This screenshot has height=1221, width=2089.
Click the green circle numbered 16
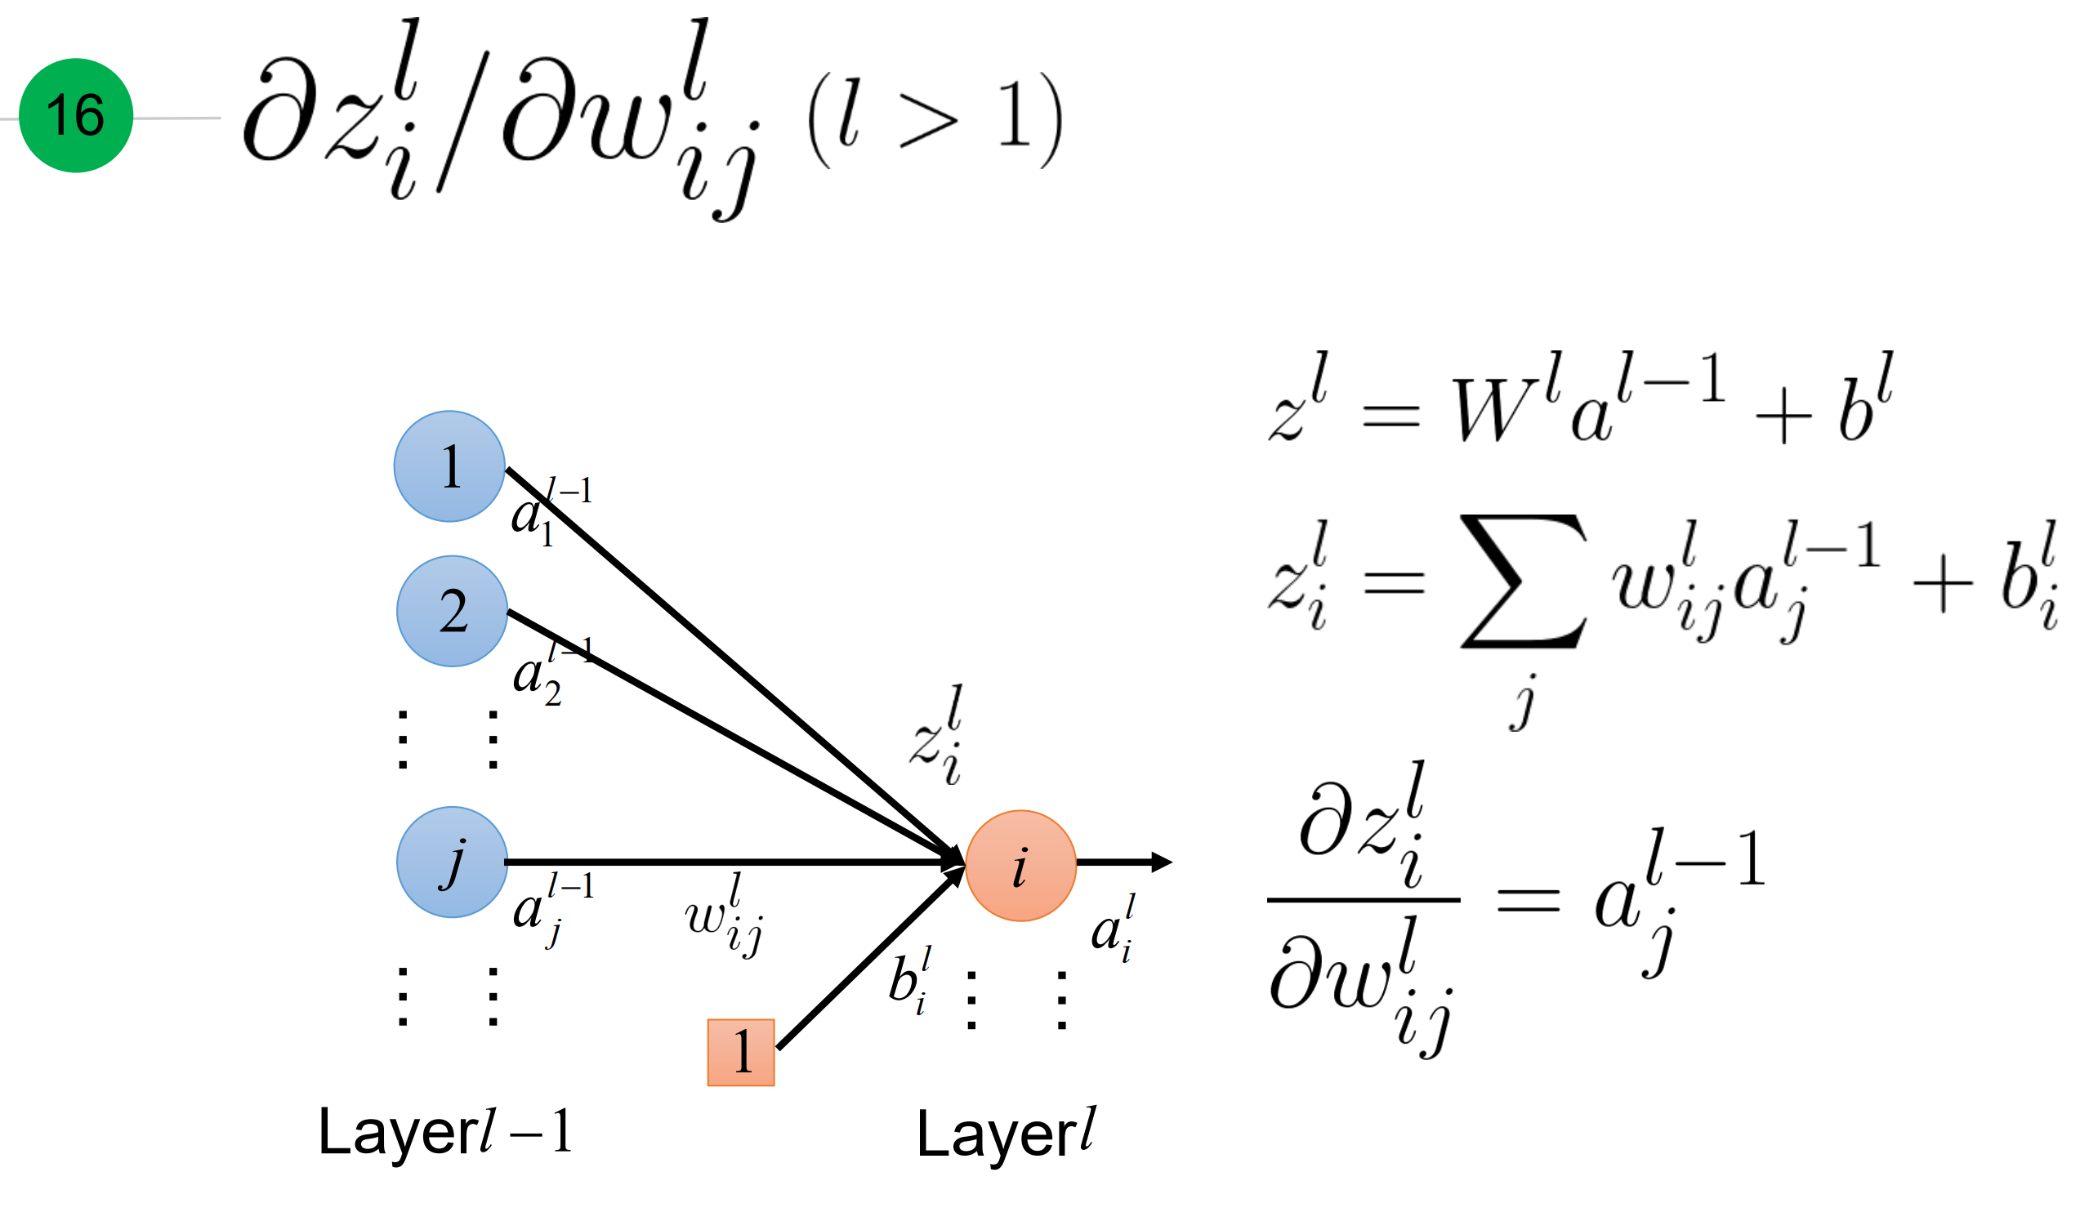(x=75, y=115)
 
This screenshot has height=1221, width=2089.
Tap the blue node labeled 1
(x=449, y=466)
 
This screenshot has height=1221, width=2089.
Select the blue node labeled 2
(x=452, y=611)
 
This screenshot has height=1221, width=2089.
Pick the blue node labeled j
(x=452, y=862)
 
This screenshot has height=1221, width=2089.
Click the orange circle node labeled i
(x=1020, y=866)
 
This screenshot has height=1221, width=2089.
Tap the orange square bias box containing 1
(x=740, y=1052)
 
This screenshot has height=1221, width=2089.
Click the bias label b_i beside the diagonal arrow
(x=909, y=979)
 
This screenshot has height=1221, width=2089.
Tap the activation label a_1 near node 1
(x=547, y=510)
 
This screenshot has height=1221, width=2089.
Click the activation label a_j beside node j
(x=549, y=907)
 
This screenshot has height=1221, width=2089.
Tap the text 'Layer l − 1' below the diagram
(x=445, y=1131)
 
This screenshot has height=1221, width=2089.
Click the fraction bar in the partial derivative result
(x=1363, y=899)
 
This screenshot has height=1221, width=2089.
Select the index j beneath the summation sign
(x=1522, y=703)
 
